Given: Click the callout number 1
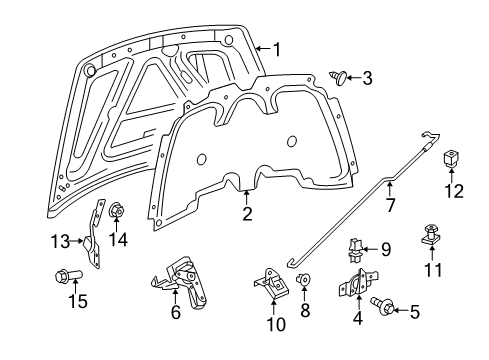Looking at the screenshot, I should tap(277, 47).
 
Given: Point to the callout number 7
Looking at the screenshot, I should tap(391, 206).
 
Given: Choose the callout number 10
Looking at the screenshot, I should tap(277, 323).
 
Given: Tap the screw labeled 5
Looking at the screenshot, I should tap(383, 302).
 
